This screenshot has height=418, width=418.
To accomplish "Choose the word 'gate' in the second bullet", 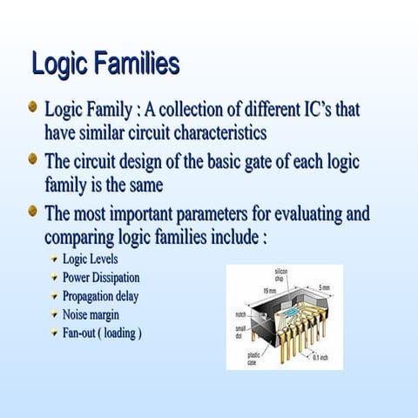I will point(248,162).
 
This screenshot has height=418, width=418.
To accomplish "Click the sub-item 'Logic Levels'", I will point(90,259).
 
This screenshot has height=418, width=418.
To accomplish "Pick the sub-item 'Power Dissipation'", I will point(100,277).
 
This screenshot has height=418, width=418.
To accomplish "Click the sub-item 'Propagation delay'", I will point(100,296).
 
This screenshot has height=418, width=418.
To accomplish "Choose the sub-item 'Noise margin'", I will point(91,314).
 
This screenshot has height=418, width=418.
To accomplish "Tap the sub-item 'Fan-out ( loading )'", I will point(102,334).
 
